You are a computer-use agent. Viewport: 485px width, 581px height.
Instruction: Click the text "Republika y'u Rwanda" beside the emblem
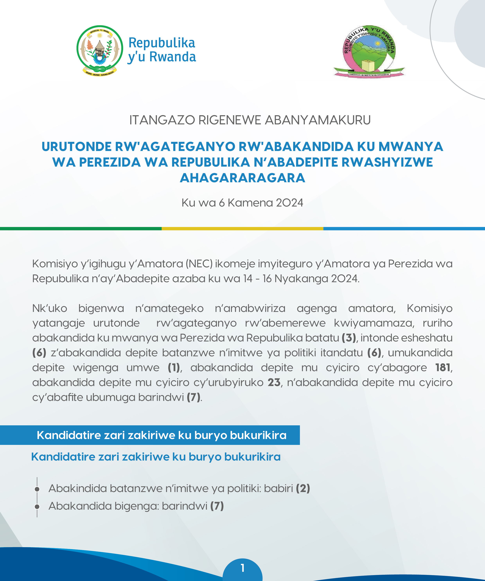coord(162,50)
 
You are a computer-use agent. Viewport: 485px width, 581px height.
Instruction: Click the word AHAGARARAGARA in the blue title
coord(242,178)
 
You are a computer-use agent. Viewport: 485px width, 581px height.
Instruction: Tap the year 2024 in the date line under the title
coord(289,203)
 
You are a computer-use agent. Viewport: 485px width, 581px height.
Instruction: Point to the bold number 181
coord(443,368)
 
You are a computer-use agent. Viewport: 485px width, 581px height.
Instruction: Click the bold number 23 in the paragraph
coord(274,382)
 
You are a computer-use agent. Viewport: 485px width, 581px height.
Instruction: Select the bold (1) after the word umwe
coord(174,368)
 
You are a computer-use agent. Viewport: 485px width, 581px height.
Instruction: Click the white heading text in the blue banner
coord(162,435)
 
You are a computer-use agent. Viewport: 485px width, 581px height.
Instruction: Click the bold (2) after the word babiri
coord(303,488)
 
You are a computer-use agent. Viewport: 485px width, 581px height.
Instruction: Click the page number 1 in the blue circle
coord(242,568)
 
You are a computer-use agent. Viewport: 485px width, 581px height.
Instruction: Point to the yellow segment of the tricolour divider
coord(242,229)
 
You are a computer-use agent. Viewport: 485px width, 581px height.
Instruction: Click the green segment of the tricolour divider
coord(81,229)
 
